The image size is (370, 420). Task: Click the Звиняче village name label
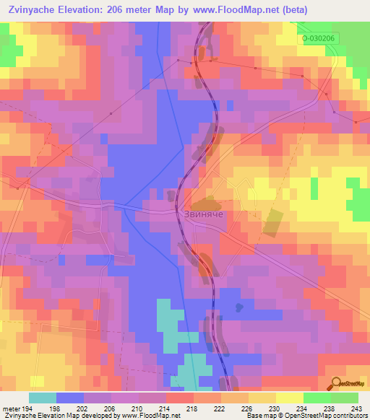[199, 214]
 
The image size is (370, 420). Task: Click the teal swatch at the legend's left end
[43, 398]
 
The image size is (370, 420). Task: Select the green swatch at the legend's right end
[345, 398]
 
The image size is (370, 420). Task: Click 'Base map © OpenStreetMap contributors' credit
[306, 416]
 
